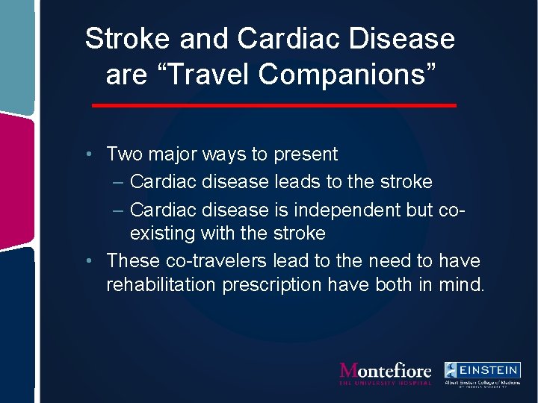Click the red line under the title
pyautogui.click(x=273, y=106)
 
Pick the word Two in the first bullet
pyautogui.click(x=124, y=154)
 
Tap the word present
pyautogui.click(x=306, y=154)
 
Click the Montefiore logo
pyautogui.click(x=386, y=373)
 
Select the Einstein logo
pyautogui.click(x=482, y=373)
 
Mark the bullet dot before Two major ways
pyautogui.click(x=89, y=155)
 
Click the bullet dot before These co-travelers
pyautogui.click(x=89, y=261)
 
